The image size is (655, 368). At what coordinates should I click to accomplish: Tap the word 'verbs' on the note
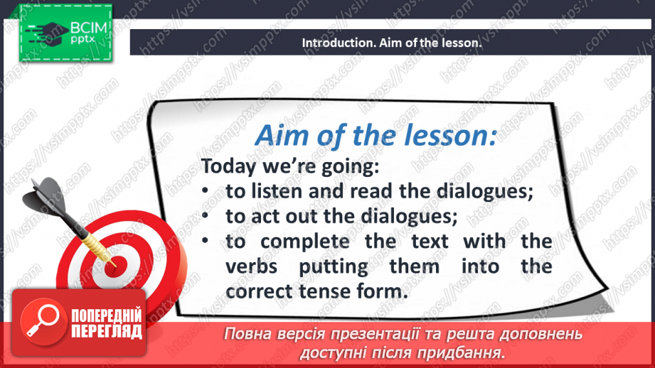tap(252, 266)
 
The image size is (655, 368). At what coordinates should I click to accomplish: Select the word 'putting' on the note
tap(334, 267)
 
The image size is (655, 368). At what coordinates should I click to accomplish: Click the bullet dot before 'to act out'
tap(205, 216)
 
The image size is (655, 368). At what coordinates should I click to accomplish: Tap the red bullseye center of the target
tap(114, 266)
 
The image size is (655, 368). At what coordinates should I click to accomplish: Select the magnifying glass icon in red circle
tap(44, 321)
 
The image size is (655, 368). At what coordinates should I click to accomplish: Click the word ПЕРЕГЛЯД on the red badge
tap(107, 332)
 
